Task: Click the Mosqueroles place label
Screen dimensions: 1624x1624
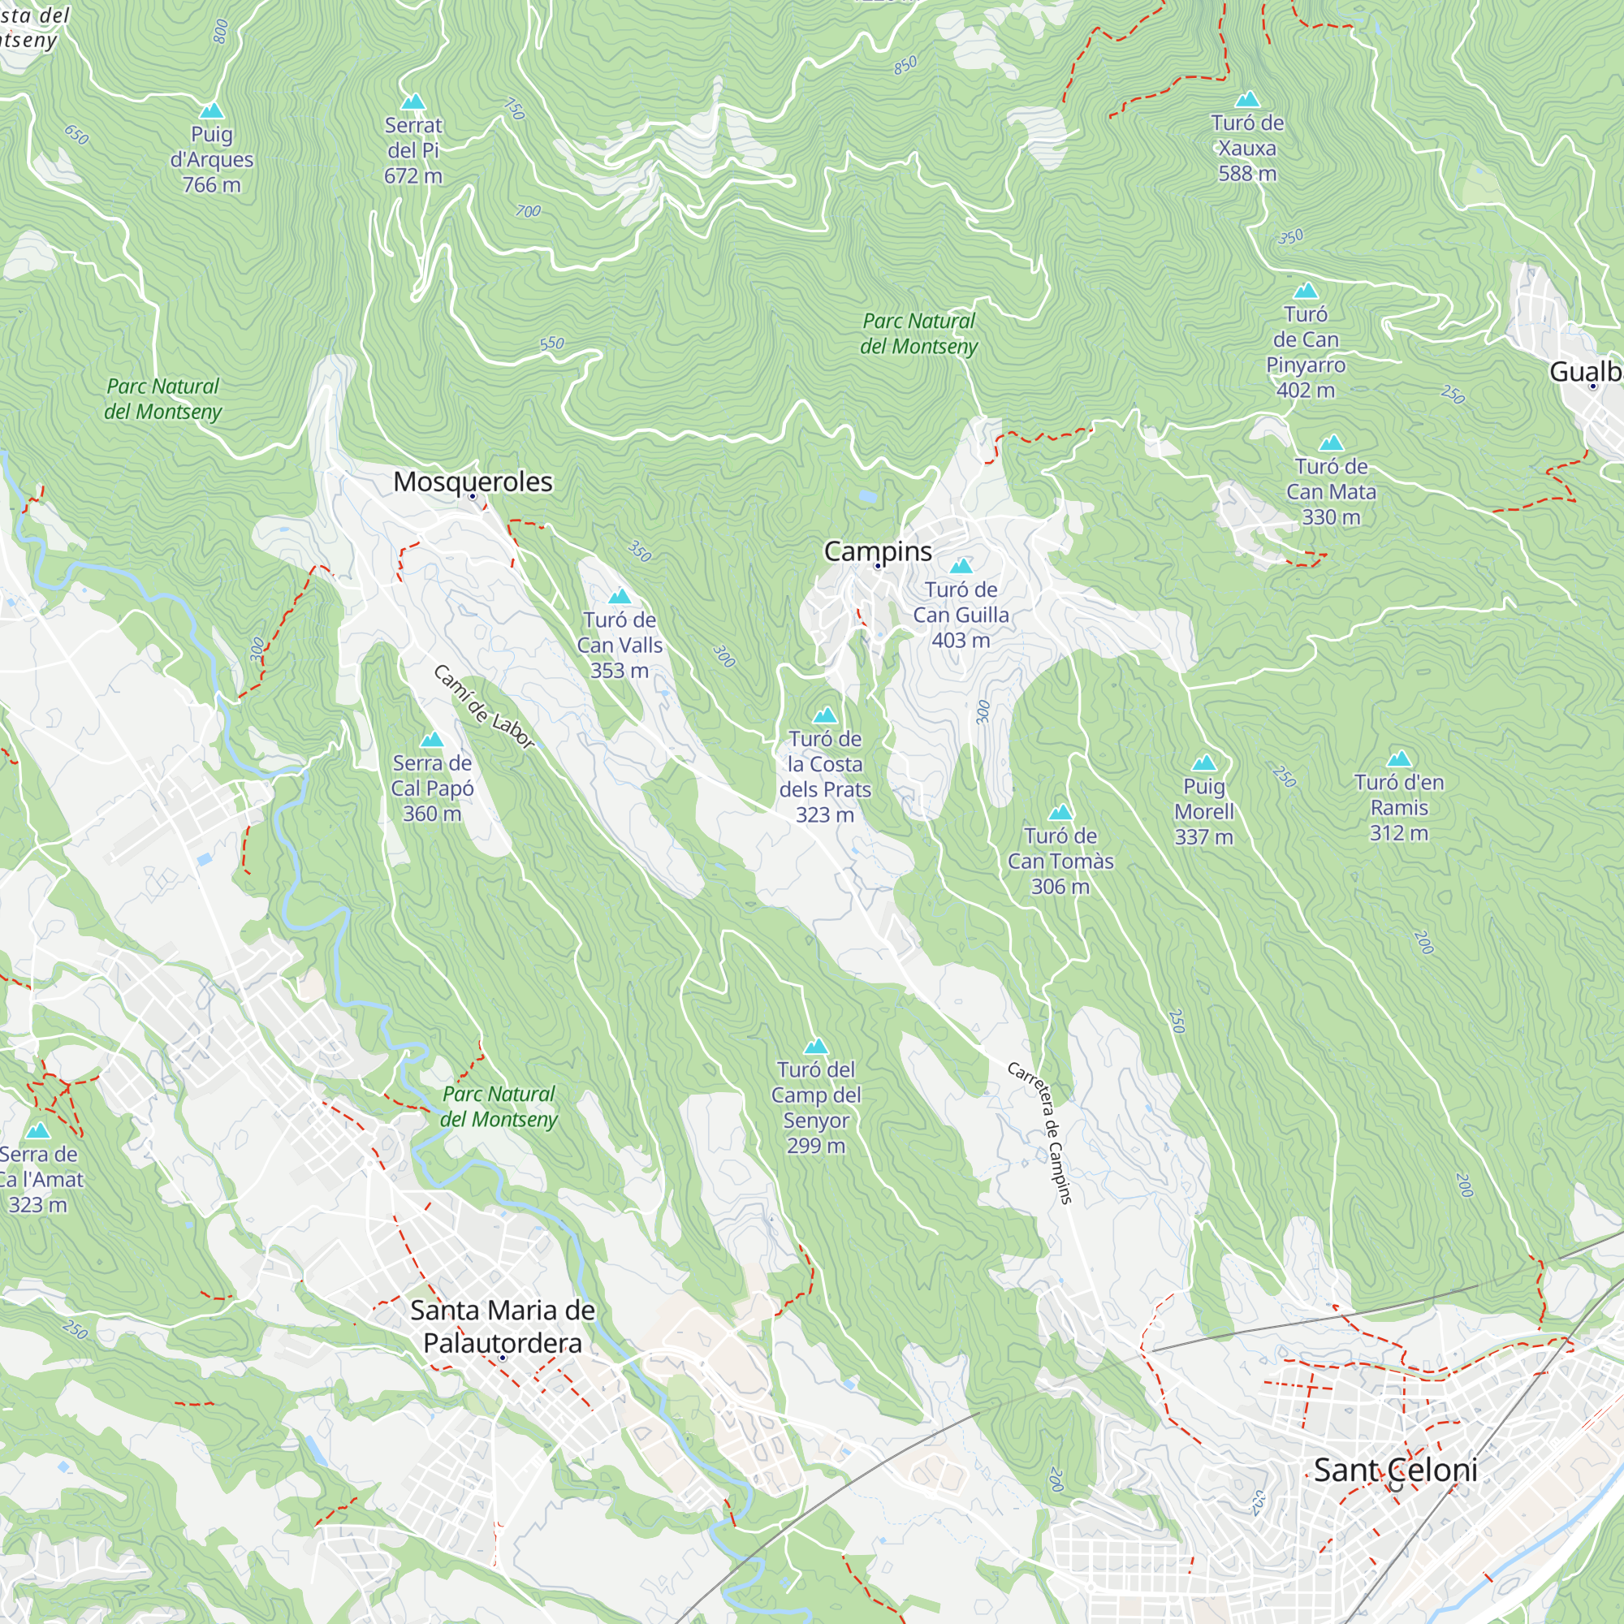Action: [473, 482]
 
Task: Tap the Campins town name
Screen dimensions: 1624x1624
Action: [878, 551]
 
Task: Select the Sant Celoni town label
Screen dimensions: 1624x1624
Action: [1395, 1471]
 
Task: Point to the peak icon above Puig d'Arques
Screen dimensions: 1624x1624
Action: [212, 111]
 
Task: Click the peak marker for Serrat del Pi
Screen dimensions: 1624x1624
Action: [412, 101]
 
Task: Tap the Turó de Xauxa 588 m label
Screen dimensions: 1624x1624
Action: [1247, 148]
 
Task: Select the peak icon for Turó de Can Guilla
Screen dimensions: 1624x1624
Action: [961, 566]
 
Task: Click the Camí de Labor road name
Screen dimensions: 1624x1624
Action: [484, 706]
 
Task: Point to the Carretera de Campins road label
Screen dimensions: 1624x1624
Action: [1041, 1132]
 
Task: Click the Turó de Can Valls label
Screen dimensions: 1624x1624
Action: [620, 645]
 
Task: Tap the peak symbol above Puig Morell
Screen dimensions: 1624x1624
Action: [1203, 763]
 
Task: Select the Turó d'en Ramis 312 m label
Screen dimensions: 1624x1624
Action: [1399, 807]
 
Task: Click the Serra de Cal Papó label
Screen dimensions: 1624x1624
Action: [432, 788]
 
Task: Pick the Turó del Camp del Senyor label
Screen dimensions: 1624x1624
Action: [815, 1107]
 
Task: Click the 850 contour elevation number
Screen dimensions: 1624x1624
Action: [905, 66]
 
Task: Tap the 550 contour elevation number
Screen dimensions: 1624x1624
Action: [551, 343]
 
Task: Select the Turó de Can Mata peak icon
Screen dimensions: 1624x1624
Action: [1331, 443]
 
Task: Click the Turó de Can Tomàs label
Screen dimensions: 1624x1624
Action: [1060, 861]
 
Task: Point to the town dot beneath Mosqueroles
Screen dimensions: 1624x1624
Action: [473, 497]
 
